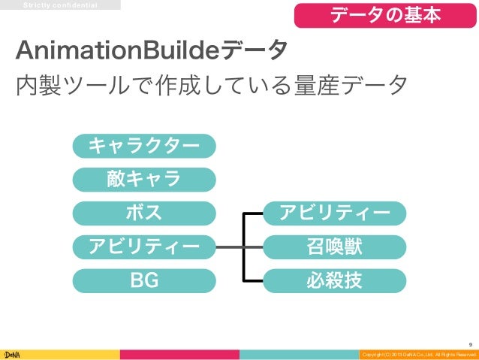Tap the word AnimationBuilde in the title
pos(116,51)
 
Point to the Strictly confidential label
pos(60,5)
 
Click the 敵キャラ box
pos(144,180)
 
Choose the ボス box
pos(144,213)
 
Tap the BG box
pos(144,281)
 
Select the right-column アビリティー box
pos(335,213)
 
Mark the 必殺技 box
pos(335,281)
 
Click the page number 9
pos(469,340)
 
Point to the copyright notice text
pos(417,354)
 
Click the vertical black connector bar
pos(243,247)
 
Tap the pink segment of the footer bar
pos(181,353)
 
